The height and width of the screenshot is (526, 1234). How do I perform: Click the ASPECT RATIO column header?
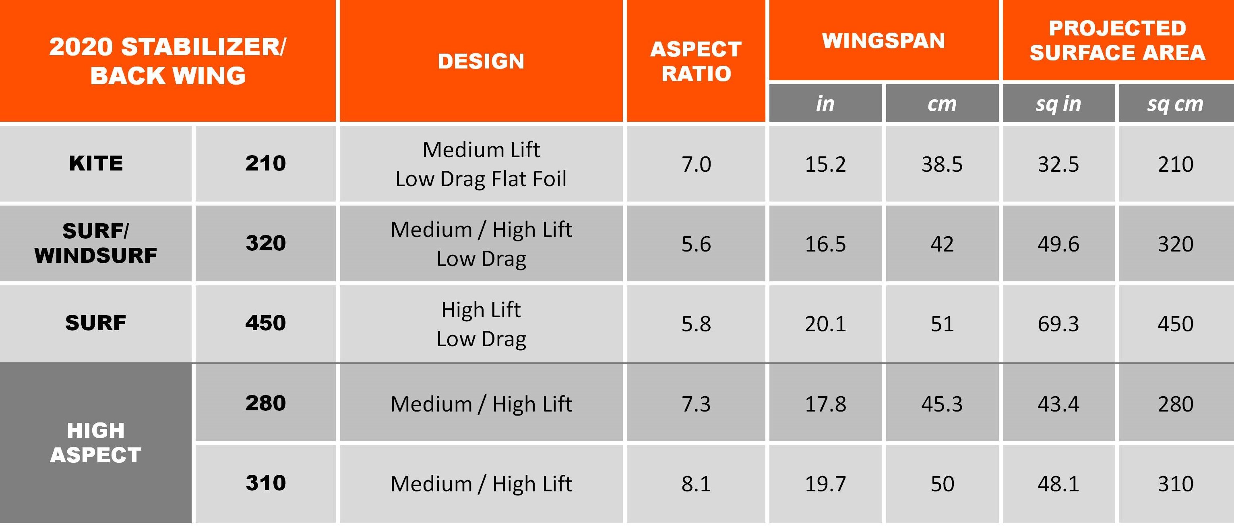click(696, 61)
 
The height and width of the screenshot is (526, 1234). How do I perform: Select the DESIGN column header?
click(481, 61)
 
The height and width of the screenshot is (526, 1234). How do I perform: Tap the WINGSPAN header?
click(883, 41)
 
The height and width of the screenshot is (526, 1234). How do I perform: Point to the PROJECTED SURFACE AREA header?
click(1117, 41)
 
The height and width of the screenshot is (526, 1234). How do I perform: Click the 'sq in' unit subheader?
click(1058, 104)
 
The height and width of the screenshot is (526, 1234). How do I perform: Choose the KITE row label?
click(96, 164)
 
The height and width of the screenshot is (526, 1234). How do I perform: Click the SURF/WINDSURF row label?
click(96, 243)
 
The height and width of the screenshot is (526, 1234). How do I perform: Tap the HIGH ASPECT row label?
click(96, 443)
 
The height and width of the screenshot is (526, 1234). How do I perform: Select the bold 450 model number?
click(265, 323)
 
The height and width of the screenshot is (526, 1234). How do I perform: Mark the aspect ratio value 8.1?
click(696, 484)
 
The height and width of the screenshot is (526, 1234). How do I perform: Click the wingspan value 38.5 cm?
click(941, 164)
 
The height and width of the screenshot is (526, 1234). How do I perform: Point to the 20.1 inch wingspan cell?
click(825, 324)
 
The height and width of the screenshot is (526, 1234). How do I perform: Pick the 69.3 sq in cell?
click(1058, 324)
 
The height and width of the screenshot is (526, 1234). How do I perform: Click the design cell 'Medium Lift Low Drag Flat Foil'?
click(481, 164)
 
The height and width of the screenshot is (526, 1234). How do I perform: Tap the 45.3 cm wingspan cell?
click(941, 404)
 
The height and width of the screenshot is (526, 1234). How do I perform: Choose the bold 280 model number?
click(265, 403)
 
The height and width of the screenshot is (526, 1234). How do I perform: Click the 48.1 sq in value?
click(1058, 484)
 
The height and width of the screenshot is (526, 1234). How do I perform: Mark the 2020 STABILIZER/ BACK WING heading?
click(167, 61)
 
